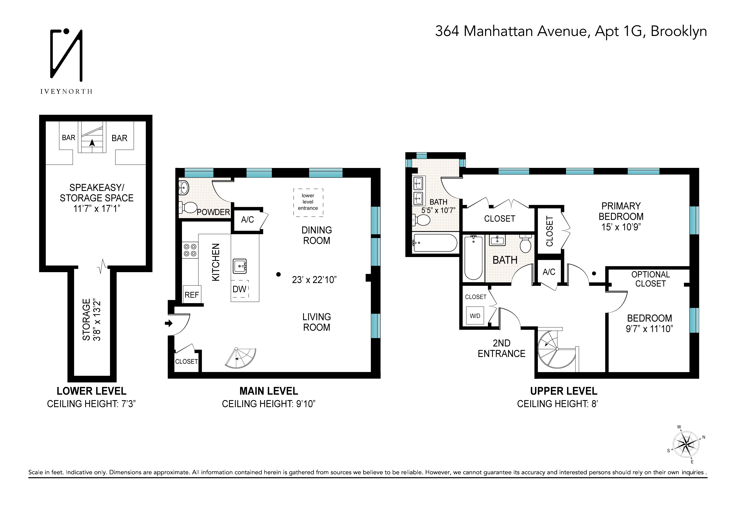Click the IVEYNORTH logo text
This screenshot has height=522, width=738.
pyautogui.click(x=66, y=92)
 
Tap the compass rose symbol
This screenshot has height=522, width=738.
pyautogui.click(x=686, y=445)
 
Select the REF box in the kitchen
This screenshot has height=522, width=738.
pyautogui.click(x=192, y=295)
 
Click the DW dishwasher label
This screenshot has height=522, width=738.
pyautogui.click(x=239, y=289)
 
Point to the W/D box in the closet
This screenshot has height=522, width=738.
pyautogui.click(x=475, y=316)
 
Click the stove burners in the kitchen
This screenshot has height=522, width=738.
pyautogui.click(x=190, y=250)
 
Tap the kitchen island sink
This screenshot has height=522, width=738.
pyautogui.click(x=240, y=266)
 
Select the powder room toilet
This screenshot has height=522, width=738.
pyautogui.click(x=188, y=208)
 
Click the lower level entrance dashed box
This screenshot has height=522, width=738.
pyautogui.click(x=308, y=202)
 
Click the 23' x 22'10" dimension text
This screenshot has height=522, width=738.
pyautogui.click(x=314, y=280)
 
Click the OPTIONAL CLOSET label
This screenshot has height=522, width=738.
pyautogui.click(x=650, y=279)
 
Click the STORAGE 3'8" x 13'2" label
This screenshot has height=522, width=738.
pyautogui.click(x=91, y=320)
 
